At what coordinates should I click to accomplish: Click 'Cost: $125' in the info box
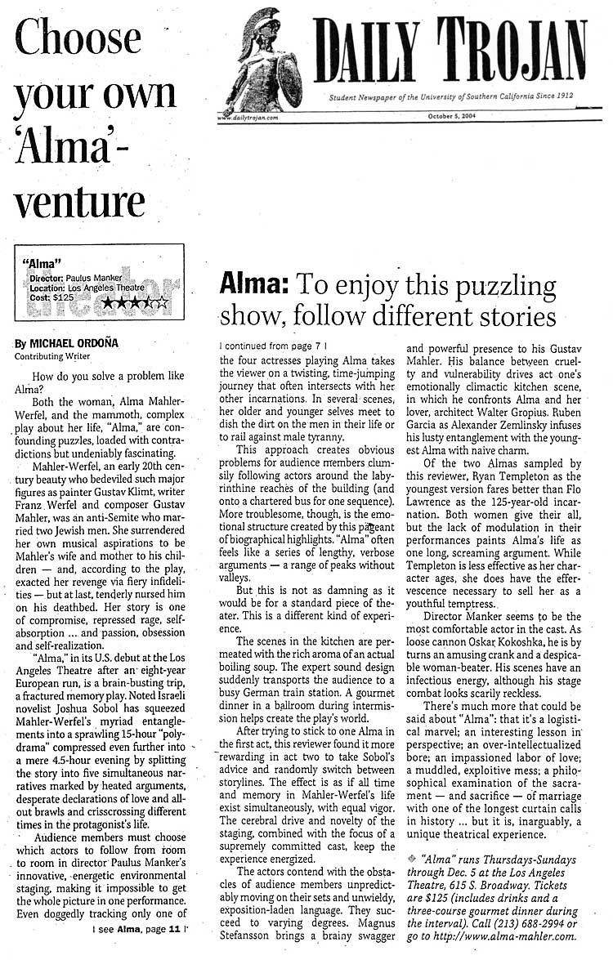coord(51,298)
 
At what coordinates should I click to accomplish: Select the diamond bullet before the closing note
coord(411,860)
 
